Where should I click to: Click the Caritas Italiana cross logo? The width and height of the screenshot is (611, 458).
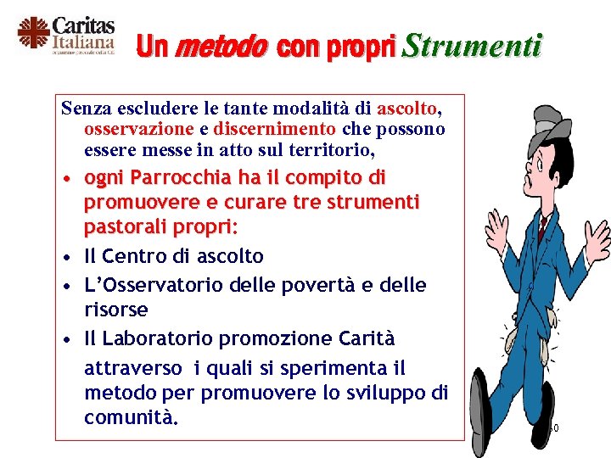33,35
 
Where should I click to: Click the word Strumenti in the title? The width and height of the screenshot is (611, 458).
470,46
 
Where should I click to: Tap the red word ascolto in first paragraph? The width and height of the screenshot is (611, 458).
408,109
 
